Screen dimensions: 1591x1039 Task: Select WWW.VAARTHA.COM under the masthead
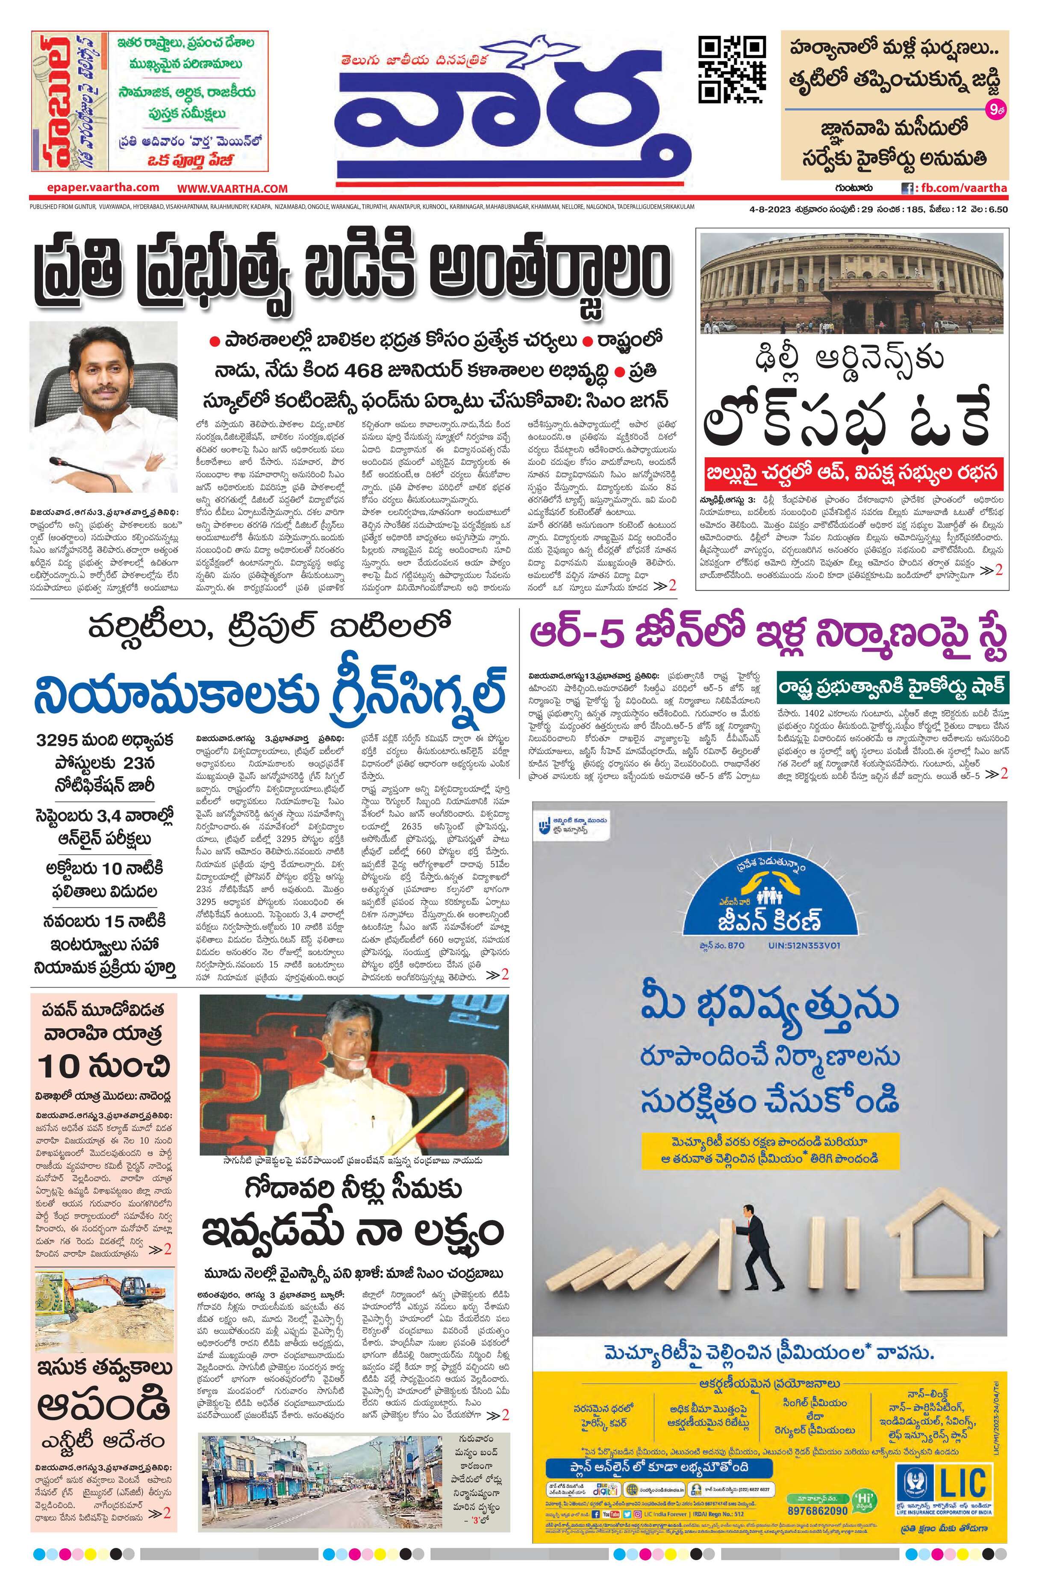(232, 188)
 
